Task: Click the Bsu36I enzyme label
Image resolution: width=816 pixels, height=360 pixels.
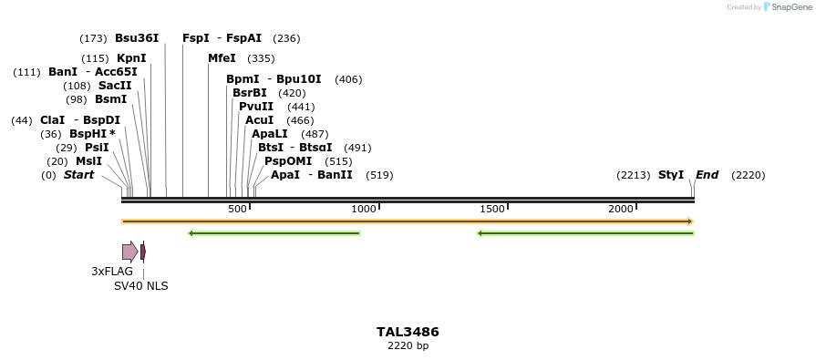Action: pyautogui.click(x=137, y=38)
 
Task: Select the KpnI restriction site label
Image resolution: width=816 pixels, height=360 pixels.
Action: pyautogui.click(x=131, y=58)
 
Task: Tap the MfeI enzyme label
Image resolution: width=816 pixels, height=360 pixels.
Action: pyautogui.click(x=222, y=58)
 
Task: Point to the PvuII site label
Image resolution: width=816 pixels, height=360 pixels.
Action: pyautogui.click(x=256, y=107)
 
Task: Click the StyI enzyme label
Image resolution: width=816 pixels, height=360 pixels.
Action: pyautogui.click(x=671, y=175)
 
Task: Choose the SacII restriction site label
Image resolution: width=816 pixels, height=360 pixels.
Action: pyautogui.click(x=115, y=86)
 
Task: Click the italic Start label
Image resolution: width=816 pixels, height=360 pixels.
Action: pyautogui.click(x=78, y=175)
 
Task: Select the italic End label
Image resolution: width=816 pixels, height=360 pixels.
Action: pyautogui.click(x=707, y=175)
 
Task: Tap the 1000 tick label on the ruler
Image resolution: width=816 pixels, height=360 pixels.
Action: pyautogui.click(x=364, y=210)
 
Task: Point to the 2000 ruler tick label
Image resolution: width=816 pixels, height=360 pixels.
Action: pyautogui.click(x=621, y=210)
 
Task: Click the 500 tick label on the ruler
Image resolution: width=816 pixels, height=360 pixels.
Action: pyautogui.click(x=237, y=210)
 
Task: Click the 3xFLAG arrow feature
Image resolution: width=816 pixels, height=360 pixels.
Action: pyautogui.click(x=129, y=252)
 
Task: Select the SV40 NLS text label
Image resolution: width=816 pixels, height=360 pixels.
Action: pyautogui.click(x=140, y=286)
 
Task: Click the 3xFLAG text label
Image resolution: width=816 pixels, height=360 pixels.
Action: pyautogui.click(x=112, y=272)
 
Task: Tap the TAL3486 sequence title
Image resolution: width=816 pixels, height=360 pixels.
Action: pyautogui.click(x=408, y=332)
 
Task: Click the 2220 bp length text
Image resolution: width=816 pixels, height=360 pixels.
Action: pyautogui.click(x=408, y=346)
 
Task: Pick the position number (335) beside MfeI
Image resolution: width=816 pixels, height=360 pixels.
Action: pyautogui.click(x=261, y=58)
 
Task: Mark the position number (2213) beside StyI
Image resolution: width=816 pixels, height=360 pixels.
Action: pyautogui.click(x=633, y=175)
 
